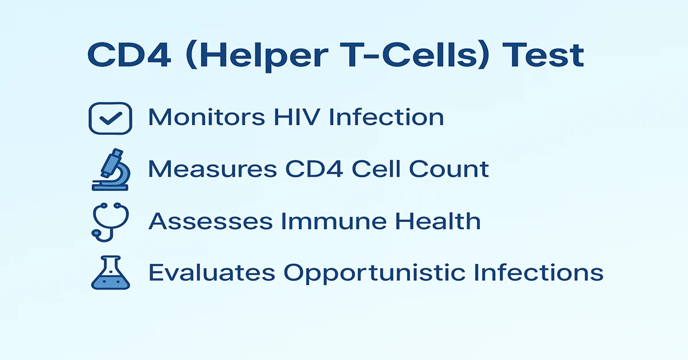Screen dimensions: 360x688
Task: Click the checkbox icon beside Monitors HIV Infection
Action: click(x=111, y=118)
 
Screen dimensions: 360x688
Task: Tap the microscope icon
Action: click(x=111, y=170)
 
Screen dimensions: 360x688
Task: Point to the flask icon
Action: click(x=111, y=272)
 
